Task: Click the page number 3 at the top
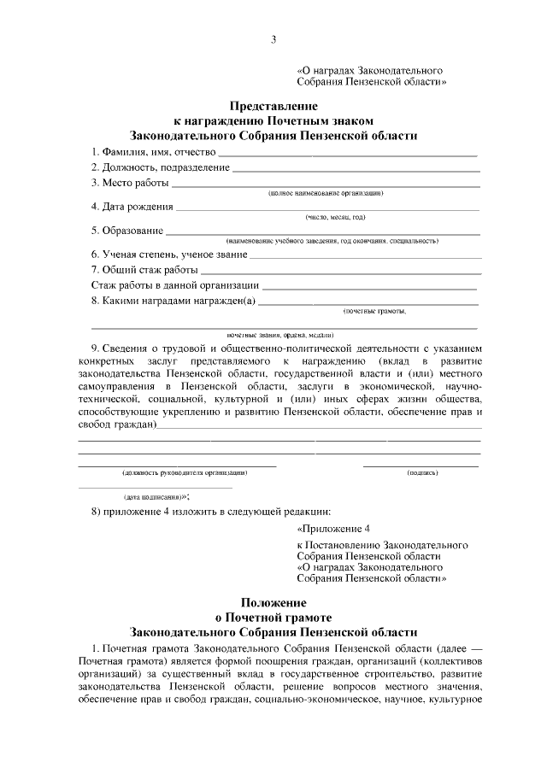coord(273,39)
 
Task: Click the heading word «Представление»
coord(273,107)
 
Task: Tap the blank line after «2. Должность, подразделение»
coord(356,167)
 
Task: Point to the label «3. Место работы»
coord(130,183)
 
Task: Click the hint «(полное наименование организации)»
coord(326,194)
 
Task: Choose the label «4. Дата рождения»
coord(132,206)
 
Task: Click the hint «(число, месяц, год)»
coord(335,217)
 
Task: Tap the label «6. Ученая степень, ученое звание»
coord(169,255)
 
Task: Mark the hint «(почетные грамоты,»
coord(374,311)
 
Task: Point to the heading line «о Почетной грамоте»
coord(273,617)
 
